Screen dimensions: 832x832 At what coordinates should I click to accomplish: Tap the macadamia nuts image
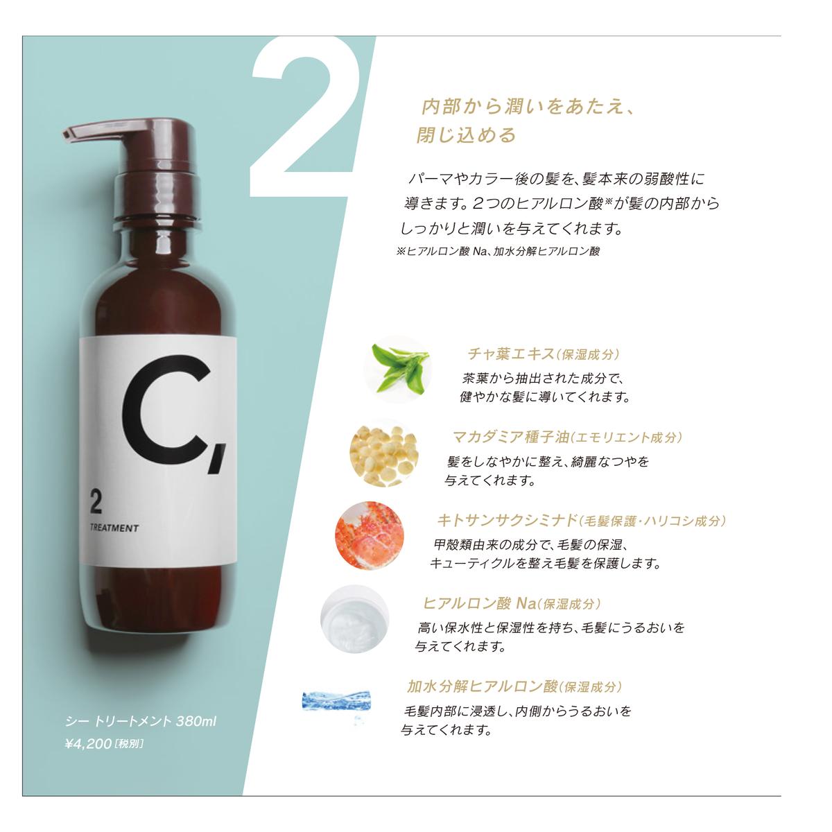click(x=383, y=453)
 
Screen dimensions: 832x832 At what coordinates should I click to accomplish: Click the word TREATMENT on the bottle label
click(x=114, y=528)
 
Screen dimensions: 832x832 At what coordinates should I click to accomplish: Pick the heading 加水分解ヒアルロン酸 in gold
click(x=483, y=686)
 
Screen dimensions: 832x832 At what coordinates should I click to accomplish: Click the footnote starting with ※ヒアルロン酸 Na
click(x=497, y=252)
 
